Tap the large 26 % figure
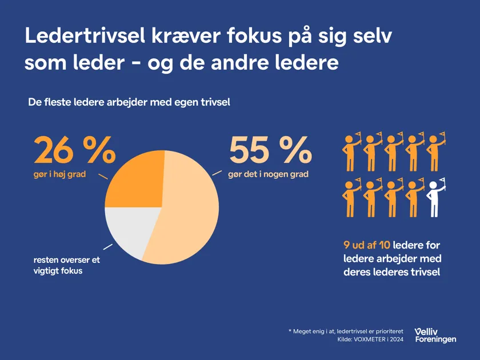(x=75, y=151)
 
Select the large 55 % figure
(x=270, y=151)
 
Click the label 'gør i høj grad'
(x=59, y=174)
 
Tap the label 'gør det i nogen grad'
(x=268, y=174)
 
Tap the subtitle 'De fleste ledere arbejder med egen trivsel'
(x=129, y=103)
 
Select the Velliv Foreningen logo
(x=435, y=335)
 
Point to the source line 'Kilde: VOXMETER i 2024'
(x=370, y=339)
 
